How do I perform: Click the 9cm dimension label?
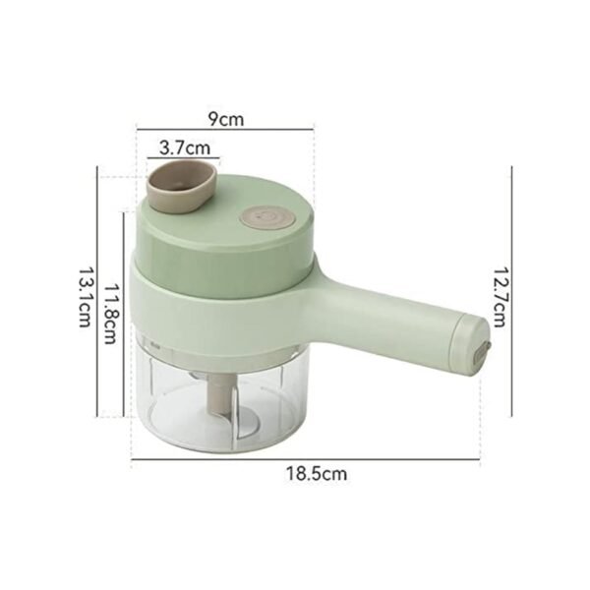click(226, 119)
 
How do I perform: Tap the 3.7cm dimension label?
click(184, 147)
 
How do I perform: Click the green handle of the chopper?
click(393, 315)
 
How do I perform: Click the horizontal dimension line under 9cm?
click(225, 129)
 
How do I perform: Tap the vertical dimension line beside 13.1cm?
click(96, 291)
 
